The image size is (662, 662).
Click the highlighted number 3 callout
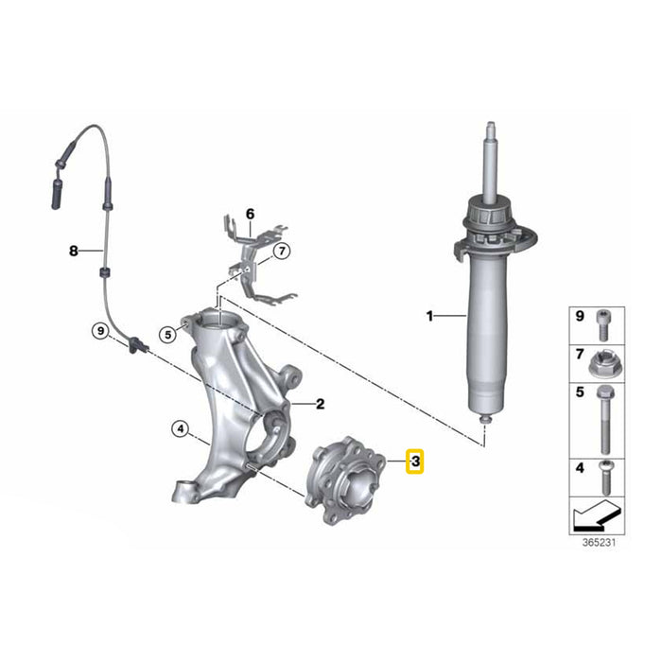tap(414, 462)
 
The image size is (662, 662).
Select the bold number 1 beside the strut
tap(429, 316)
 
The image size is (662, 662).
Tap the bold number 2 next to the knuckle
tap(321, 404)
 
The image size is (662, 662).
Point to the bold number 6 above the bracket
tap(251, 214)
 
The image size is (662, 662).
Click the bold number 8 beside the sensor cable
tap(74, 252)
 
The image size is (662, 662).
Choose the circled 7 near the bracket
tap(282, 252)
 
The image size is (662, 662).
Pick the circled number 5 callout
tap(168, 335)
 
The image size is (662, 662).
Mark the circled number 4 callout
tap(181, 429)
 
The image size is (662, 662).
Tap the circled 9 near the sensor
tap(100, 331)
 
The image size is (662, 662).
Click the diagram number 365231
tap(599, 543)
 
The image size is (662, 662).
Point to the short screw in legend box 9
tap(603, 325)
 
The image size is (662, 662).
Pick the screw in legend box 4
tap(605, 478)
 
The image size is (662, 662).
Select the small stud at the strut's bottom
tap(485, 419)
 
